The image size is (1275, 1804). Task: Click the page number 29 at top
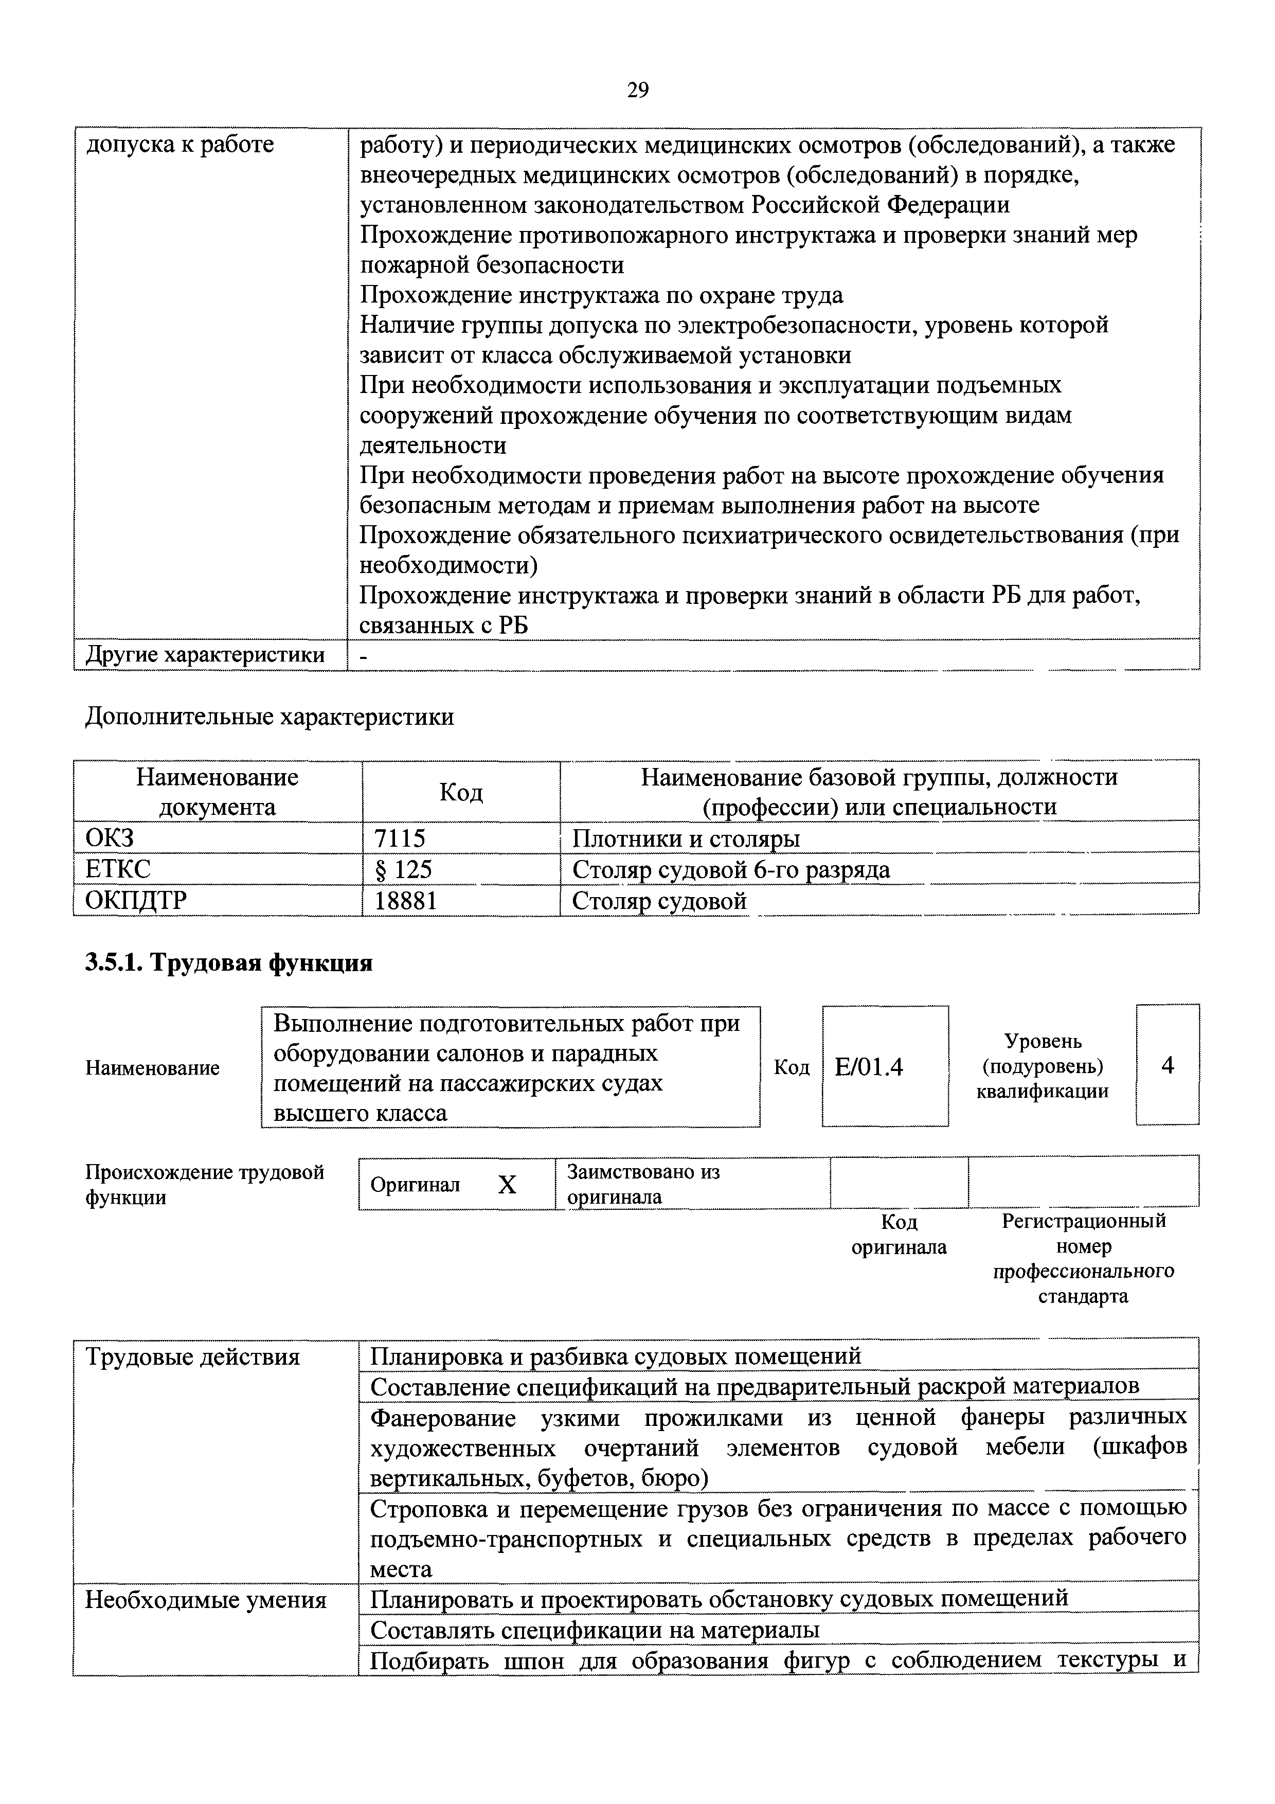(x=638, y=91)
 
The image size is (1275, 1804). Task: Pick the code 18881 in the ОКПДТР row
(x=405, y=900)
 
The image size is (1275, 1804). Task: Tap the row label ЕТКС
(x=118, y=869)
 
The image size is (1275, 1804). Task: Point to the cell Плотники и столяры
(x=686, y=838)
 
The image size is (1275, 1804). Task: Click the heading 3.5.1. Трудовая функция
(x=228, y=962)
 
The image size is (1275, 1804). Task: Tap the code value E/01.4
(x=868, y=1066)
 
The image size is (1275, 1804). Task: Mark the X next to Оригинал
(x=508, y=1185)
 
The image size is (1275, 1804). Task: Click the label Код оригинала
(x=899, y=1235)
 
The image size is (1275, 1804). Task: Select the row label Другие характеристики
(x=204, y=654)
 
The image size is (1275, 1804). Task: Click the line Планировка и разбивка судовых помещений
(x=616, y=1356)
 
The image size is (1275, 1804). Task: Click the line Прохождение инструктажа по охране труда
(x=601, y=295)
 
